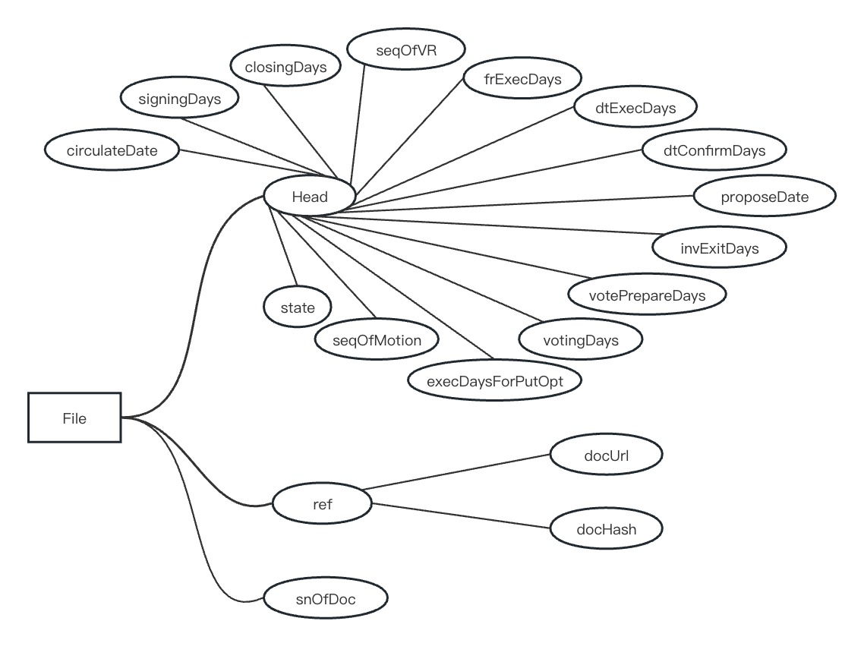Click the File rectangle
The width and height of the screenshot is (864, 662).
[74, 418]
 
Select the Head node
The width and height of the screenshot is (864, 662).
[310, 197]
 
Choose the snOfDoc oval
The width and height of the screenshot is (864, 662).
[326, 599]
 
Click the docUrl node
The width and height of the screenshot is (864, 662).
[606, 456]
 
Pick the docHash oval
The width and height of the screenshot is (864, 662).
[606, 530]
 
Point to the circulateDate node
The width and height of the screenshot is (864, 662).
[112, 150]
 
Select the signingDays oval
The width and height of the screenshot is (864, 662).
[180, 99]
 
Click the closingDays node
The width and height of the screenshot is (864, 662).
[285, 67]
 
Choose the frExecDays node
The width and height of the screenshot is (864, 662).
[522, 78]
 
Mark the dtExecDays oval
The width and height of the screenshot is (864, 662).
[635, 108]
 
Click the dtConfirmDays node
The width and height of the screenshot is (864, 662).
[714, 150]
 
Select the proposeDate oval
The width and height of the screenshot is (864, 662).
[765, 197]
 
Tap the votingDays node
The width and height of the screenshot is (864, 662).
[581, 340]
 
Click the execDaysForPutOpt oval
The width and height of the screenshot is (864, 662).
[495, 380]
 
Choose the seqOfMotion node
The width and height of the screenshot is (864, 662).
[377, 339]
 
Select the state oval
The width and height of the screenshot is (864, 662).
[298, 308]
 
